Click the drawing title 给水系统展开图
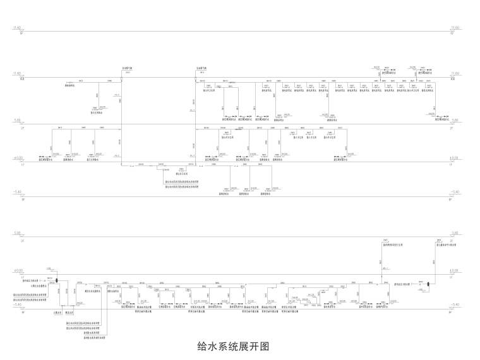pos(234,347)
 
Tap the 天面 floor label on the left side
pos(21,79)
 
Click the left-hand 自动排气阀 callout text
pos(126,67)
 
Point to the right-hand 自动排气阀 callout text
pos(201,67)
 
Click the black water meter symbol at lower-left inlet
pos(56,281)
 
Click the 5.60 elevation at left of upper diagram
pos(18,120)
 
